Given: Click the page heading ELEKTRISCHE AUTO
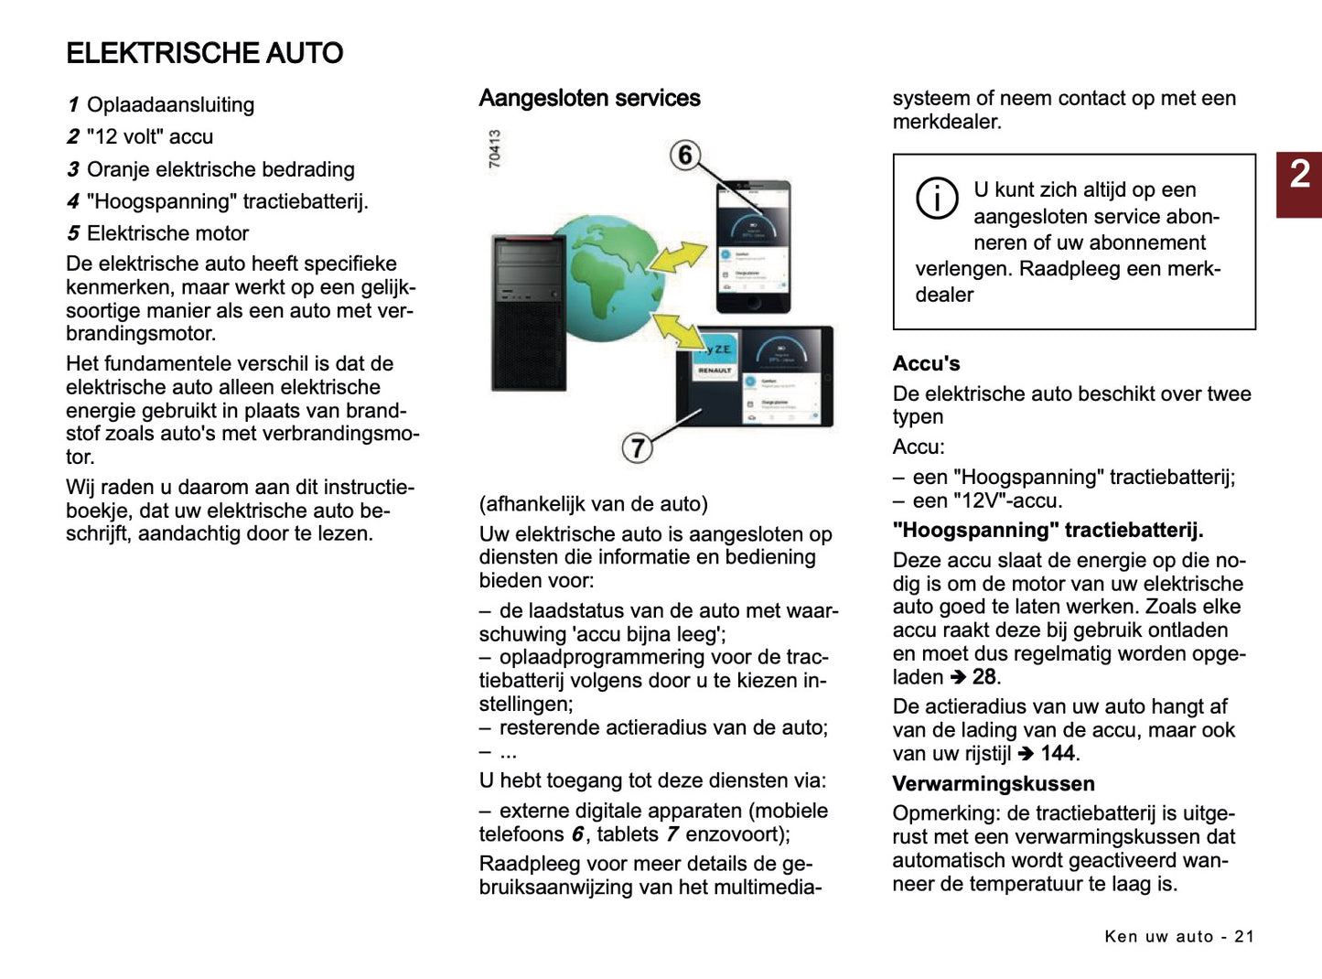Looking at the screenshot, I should pyautogui.click(x=204, y=53).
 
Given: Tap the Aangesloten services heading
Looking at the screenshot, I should pyautogui.click(x=589, y=99).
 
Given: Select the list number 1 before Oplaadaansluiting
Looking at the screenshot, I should pyautogui.click(x=73, y=105).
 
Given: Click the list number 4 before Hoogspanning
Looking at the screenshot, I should pyautogui.click(x=73, y=201).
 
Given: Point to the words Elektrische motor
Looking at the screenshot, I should pyautogui.click(x=167, y=233).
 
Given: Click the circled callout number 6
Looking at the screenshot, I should pyautogui.click(x=685, y=155).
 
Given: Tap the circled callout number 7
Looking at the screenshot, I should pyautogui.click(x=638, y=447).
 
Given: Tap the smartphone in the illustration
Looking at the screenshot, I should pyautogui.click(x=753, y=247).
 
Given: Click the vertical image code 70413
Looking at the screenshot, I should pyautogui.click(x=495, y=148).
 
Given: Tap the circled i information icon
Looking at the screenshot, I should pyautogui.click(x=937, y=198).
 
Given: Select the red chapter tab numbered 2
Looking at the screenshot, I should pyautogui.click(x=1299, y=184).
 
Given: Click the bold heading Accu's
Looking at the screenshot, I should pyautogui.click(x=926, y=364).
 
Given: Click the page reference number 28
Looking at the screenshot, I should pyautogui.click(x=983, y=677).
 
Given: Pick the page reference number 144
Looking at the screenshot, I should pyautogui.click(x=1057, y=754).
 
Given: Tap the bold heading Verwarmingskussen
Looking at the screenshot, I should pyautogui.click(x=993, y=784).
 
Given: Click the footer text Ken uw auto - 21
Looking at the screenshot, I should pyautogui.click(x=1178, y=936).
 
